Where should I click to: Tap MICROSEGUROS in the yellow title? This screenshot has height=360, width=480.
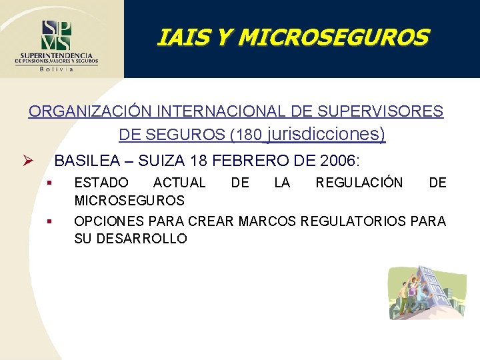(333, 37)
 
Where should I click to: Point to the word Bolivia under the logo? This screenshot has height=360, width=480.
(57, 68)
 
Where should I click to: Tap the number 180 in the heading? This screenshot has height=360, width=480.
(250, 135)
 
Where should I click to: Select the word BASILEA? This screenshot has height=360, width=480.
(83, 161)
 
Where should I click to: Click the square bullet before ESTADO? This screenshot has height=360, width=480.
(49, 182)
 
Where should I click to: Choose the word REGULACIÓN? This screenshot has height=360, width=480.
(359, 183)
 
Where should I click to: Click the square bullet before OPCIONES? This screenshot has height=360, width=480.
(49, 220)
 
